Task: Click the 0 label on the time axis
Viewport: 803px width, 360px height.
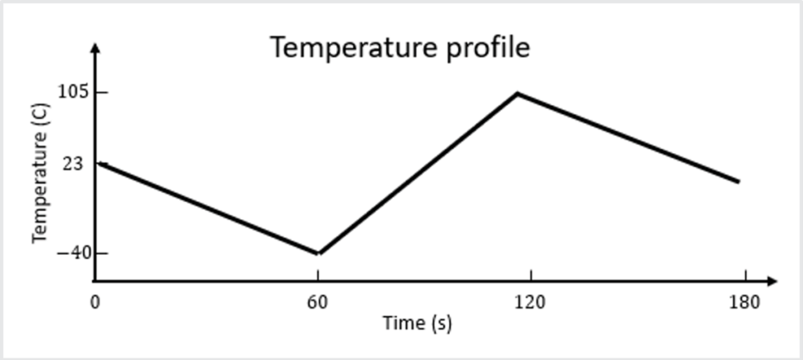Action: [x=95, y=302]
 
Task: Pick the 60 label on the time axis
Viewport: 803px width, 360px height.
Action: [x=318, y=302]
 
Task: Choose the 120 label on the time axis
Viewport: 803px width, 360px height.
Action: [x=531, y=302]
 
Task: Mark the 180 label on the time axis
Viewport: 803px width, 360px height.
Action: [x=745, y=302]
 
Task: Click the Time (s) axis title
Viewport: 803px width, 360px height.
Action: [x=416, y=322]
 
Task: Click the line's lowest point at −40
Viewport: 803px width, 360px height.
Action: [x=318, y=253]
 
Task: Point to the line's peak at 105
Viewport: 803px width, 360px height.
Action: [x=518, y=93]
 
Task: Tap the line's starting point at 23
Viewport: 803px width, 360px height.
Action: [x=98, y=163]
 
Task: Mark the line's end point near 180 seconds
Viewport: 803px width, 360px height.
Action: [x=738, y=181]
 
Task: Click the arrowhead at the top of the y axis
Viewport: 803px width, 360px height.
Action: [x=95, y=46]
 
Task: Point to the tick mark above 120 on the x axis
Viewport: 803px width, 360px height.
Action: [x=531, y=276]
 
